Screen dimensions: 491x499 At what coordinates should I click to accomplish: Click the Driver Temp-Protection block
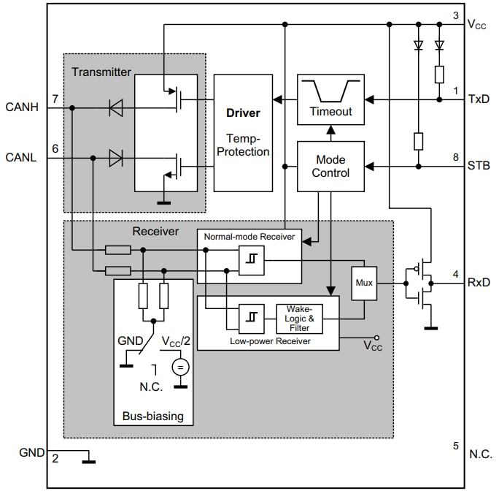pyautogui.click(x=243, y=132)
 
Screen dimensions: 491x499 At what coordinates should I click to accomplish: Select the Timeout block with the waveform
pyautogui.click(x=330, y=99)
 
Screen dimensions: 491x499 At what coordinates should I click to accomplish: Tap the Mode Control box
pyautogui.click(x=330, y=167)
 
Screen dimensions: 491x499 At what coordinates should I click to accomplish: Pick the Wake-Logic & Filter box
pyautogui.click(x=298, y=318)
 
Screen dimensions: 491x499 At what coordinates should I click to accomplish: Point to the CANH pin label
pyautogui.click(x=23, y=108)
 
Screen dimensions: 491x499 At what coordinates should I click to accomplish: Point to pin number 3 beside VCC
pyautogui.click(x=455, y=15)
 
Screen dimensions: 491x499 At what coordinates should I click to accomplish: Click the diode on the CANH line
pyautogui.click(x=115, y=108)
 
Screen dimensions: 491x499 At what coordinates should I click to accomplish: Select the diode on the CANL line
pyautogui.click(x=115, y=157)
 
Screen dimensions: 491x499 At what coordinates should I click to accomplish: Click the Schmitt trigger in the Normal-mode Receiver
pyautogui.click(x=252, y=259)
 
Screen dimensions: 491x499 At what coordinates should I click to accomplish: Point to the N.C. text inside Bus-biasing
pyautogui.click(x=150, y=387)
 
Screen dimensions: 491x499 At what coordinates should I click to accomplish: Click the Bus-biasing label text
pyautogui.click(x=153, y=416)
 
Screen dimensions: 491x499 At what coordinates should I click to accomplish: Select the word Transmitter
pyautogui.click(x=101, y=72)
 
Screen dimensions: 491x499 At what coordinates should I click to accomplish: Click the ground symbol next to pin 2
pyautogui.click(x=88, y=460)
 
